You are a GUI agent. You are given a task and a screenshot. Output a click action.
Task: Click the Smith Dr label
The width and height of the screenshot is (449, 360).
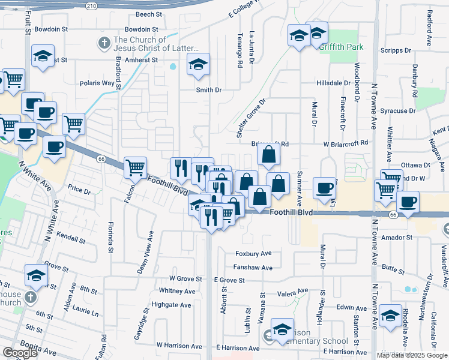point(209,90)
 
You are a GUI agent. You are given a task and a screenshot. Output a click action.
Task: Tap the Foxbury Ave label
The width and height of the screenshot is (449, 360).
point(253,254)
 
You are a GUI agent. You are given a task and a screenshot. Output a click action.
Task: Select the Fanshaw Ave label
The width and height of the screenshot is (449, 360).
point(253,268)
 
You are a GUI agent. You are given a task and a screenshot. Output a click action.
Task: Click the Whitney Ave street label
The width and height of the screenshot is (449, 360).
point(177,291)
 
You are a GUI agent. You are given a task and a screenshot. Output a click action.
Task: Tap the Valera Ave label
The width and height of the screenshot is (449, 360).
point(292,294)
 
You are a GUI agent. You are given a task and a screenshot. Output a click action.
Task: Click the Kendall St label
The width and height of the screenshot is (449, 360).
point(73,239)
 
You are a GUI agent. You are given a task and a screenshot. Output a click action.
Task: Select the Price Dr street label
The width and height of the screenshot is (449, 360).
point(79,191)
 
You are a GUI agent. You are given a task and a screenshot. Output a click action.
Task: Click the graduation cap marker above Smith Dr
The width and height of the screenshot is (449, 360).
point(198,64)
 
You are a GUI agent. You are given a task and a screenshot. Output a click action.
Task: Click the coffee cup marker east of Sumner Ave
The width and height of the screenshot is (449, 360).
point(324,188)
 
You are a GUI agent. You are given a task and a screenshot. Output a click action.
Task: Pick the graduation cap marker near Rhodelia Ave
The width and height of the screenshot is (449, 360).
point(390,316)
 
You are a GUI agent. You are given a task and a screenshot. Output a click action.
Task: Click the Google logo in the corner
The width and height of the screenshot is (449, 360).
point(20,353)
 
